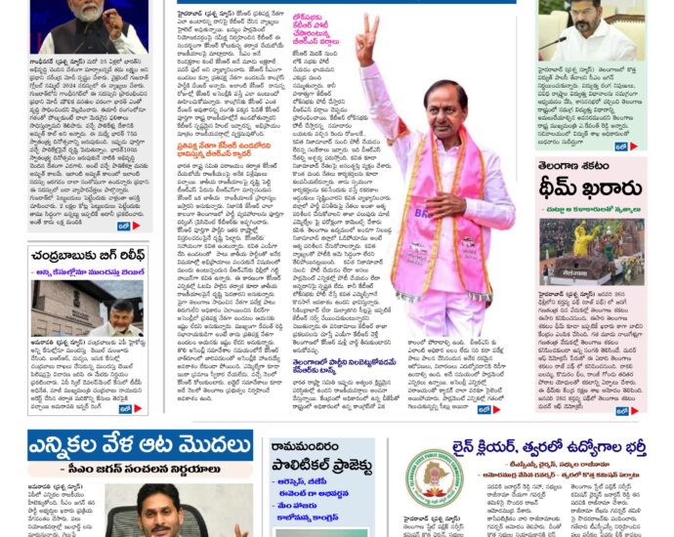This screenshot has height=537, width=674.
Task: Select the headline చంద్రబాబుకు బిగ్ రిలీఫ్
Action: click(x=88, y=257)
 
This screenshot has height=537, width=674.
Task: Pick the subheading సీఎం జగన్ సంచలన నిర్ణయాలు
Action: click(x=137, y=470)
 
